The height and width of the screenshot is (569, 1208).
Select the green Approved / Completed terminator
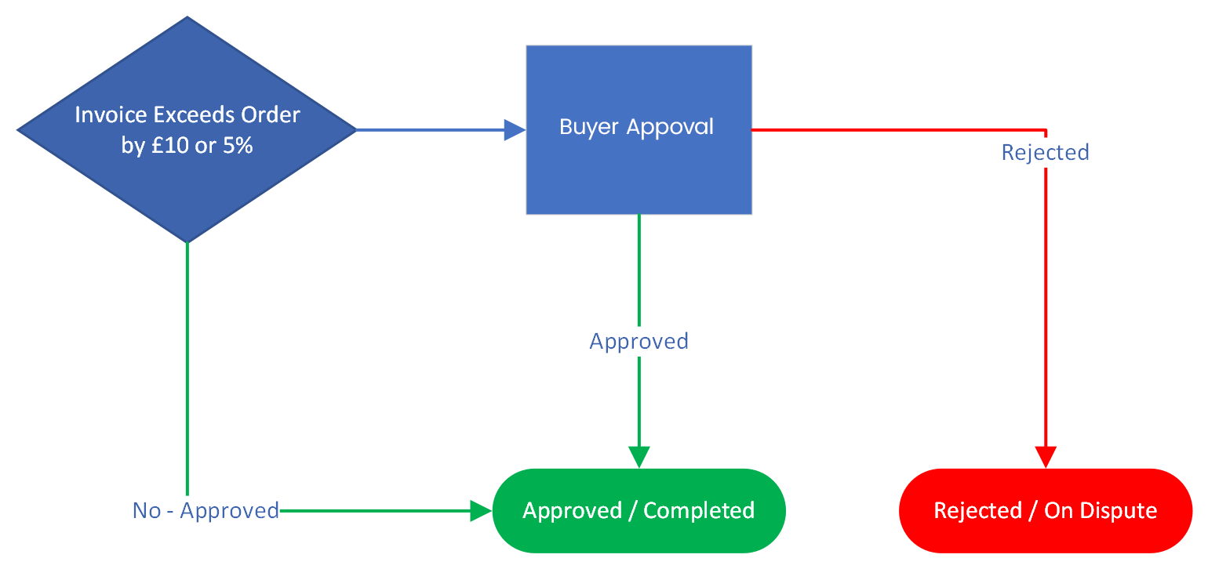click(639, 511)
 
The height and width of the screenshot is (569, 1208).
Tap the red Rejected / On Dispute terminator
click(1046, 511)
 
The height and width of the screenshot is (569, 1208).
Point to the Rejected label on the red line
click(1046, 152)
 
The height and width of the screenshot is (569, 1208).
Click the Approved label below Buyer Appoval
click(639, 342)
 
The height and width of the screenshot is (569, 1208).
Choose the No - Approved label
click(206, 511)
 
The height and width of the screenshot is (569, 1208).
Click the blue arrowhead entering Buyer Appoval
click(515, 129)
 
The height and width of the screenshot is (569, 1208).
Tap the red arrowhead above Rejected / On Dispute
click(1046, 457)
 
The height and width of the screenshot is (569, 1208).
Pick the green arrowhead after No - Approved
click(481, 511)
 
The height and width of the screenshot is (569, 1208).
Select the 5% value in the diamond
click(238, 146)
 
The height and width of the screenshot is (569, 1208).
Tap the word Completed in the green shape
click(699, 511)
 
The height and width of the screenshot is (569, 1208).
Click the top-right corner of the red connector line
click(1046, 129)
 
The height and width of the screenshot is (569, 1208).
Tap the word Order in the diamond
click(271, 115)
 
